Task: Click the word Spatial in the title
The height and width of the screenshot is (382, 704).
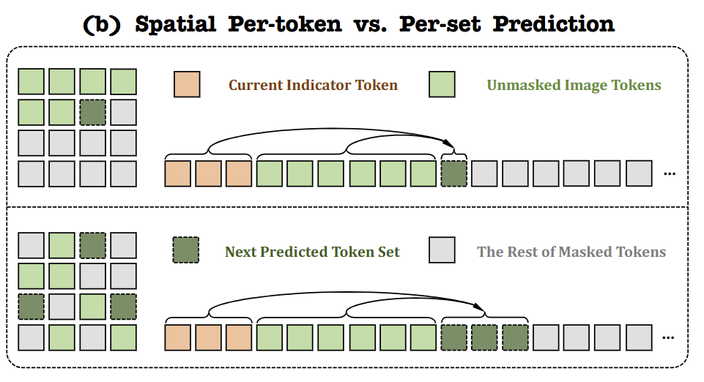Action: [176, 25]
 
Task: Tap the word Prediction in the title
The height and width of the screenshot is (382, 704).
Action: [553, 23]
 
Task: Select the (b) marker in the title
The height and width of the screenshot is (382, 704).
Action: [102, 23]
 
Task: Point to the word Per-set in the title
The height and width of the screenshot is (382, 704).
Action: [440, 23]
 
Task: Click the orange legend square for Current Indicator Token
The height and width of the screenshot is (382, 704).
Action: [187, 84]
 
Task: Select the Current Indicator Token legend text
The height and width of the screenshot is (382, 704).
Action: [313, 85]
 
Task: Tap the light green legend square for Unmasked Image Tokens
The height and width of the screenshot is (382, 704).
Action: [442, 84]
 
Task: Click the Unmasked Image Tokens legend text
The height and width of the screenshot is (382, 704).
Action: [574, 85]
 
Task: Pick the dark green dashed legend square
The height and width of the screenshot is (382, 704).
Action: [186, 250]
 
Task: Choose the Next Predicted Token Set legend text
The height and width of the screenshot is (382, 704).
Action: [312, 252]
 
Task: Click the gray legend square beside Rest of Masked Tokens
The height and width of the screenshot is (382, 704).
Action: [442, 250]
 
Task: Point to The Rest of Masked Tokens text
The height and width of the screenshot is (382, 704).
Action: [571, 252]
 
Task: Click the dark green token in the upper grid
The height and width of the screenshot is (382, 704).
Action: [93, 112]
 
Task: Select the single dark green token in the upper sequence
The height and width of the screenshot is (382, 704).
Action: [454, 173]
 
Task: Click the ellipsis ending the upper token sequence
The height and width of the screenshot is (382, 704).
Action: [670, 173]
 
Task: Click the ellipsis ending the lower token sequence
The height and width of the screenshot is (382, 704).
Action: [668, 337]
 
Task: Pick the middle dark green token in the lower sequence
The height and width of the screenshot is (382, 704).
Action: [484, 337]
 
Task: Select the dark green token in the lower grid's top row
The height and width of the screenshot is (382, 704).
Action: [93, 245]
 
